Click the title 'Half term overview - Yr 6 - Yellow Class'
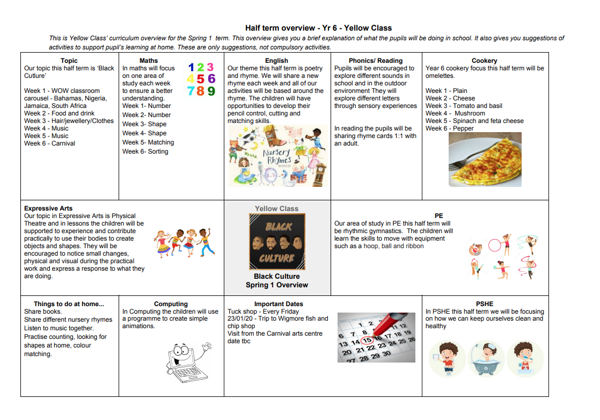318,28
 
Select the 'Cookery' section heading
484,61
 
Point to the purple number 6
211,79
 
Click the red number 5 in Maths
200,79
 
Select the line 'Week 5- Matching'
148,142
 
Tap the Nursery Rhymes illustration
277,156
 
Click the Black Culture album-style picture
277,242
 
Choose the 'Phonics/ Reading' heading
375,61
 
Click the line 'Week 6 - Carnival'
49,143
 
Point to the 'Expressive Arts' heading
48,208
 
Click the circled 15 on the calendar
367,340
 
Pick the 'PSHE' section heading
485,304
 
